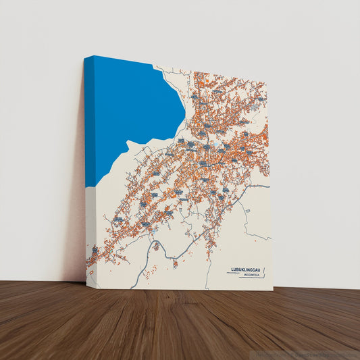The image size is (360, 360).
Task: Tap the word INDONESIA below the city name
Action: point(253,275)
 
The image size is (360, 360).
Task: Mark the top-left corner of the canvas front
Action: point(94,57)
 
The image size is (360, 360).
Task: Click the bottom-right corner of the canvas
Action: point(273,290)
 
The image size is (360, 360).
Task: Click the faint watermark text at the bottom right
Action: point(311,353)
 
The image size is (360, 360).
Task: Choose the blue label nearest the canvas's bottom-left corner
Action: point(95,251)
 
